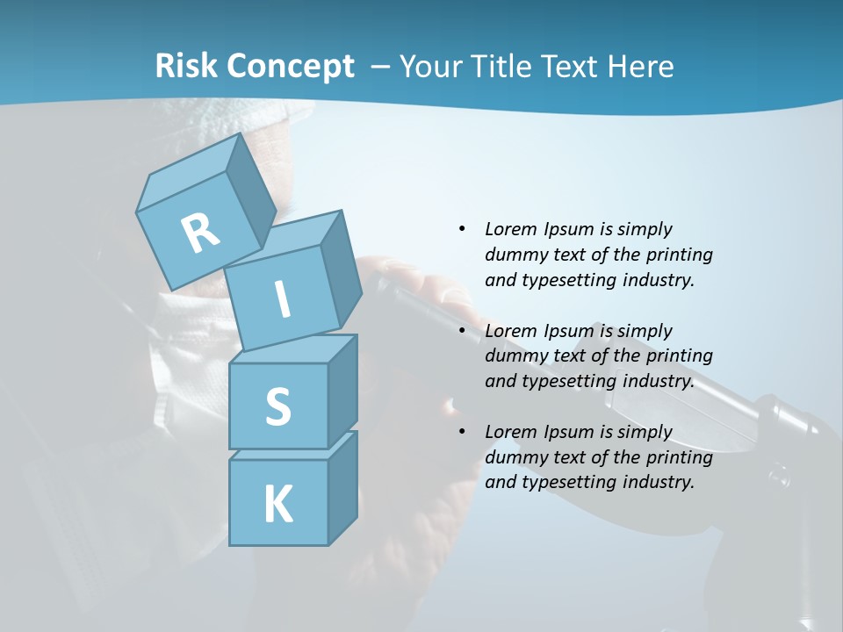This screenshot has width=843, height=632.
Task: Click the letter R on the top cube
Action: [200, 233]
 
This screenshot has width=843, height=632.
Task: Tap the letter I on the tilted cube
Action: [283, 299]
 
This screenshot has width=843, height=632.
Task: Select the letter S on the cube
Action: [277, 406]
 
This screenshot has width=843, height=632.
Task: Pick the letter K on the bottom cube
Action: [277, 505]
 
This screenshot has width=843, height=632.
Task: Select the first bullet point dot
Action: [462, 229]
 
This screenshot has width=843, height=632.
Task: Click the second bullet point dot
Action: [462, 331]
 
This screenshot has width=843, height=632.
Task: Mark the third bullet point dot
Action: [462, 432]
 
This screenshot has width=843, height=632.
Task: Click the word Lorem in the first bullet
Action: [510, 229]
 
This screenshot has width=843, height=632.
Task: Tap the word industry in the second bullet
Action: [659, 381]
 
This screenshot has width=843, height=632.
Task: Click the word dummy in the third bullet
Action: [514, 457]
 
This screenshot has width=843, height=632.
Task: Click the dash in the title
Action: [380, 66]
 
